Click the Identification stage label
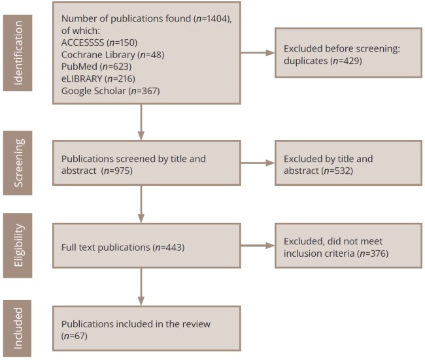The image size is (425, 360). (x=18, y=53)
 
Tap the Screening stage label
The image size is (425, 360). (x=18, y=163)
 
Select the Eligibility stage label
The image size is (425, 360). (x=18, y=246)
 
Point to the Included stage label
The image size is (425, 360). (x=18, y=328)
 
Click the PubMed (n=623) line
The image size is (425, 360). (x=97, y=67)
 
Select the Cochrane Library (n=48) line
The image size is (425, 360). (x=112, y=55)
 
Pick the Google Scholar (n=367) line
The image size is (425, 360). (x=110, y=91)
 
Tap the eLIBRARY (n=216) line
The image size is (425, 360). (x=98, y=79)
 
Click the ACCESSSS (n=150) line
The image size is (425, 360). (x=99, y=42)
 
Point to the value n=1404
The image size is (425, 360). (x=212, y=19)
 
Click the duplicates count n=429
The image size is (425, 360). (x=346, y=61)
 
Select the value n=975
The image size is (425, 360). (x=116, y=171)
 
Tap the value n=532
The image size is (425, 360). (x=337, y=171)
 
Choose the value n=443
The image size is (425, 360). (x=169, y=248)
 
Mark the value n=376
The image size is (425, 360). (x=373, y=254)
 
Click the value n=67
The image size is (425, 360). (x=75, y=336)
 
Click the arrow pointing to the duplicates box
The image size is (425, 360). (x=258, y=53)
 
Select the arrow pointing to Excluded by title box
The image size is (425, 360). (x=258, y=163)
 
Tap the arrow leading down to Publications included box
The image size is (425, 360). (x=141, y=287)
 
